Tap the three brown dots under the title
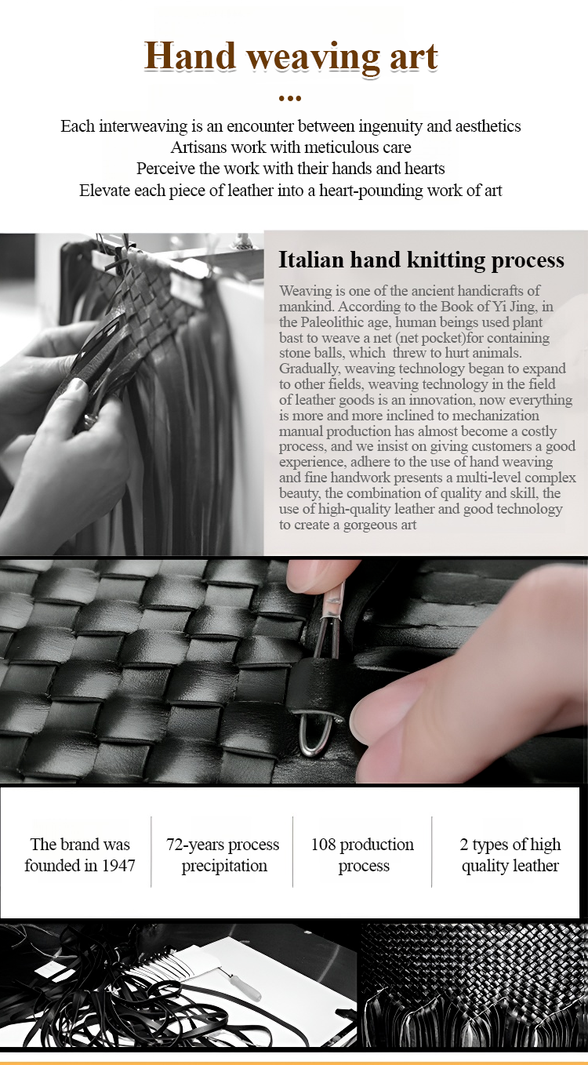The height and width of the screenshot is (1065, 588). (290, 98)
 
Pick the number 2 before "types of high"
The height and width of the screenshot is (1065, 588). (464, 845)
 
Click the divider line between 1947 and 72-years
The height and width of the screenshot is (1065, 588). (151, 852)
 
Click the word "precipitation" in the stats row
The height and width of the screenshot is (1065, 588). (224, 867)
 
